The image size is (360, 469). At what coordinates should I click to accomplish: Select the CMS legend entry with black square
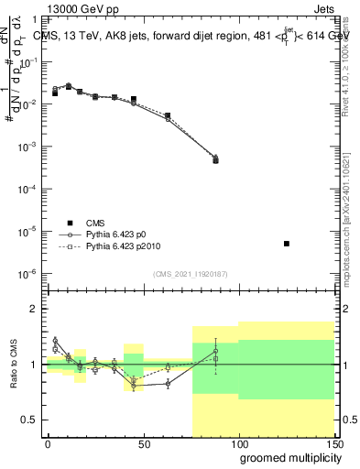[82, 223]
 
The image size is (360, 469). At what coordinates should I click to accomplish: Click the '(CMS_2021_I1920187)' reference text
[190, 274]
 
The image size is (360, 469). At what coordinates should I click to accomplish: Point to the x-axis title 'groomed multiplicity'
[286, 457]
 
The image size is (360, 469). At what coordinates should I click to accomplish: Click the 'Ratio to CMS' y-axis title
[16, 365]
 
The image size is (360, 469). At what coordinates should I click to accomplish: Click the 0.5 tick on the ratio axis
[30, 420]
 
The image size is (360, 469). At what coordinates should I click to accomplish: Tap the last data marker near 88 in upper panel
[215, 159]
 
